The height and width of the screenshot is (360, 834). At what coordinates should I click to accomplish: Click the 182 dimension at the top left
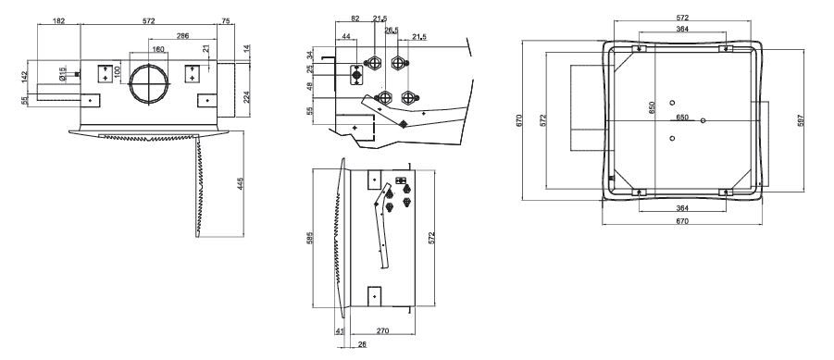click(x=58, y=19)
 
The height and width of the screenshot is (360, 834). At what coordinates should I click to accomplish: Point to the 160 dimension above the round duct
click(x=158, y=50)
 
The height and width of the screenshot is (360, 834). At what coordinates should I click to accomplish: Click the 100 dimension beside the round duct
click(x=118, y=71)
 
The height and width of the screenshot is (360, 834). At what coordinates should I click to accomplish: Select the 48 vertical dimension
click(x=309, y=89)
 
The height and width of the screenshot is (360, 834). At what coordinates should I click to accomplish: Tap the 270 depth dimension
click(x=381, y=329)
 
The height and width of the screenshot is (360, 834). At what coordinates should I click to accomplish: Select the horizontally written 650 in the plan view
click(x=681, y=118)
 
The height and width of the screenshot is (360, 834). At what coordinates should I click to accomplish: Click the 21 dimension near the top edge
click(x=205, y=49)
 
